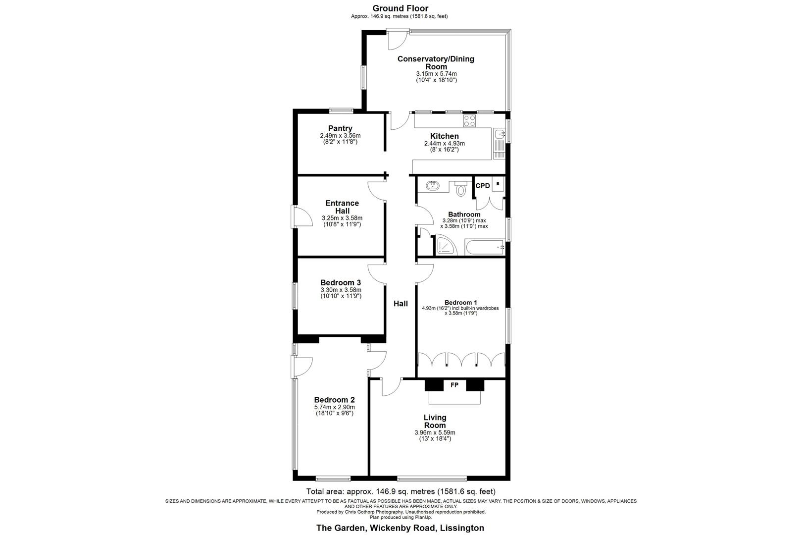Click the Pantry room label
tap(340, 128)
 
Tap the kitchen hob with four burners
tap(469, 121)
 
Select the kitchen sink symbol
tap(499, 134)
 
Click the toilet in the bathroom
tap(461, 189)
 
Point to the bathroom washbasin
tap(433, 186)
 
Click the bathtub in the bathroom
tap(484, 247)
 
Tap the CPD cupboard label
tap(482, 186)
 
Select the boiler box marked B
tap(498, 184)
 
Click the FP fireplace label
tap(454, 384)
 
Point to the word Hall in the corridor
tap(401, 304)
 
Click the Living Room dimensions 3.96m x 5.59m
tap(435, 432)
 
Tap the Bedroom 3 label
tap(341, 283)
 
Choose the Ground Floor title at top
tap(400, 8)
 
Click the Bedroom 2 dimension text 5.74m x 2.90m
tap(335, 407)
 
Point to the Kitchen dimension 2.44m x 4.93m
tap(444, 144)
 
